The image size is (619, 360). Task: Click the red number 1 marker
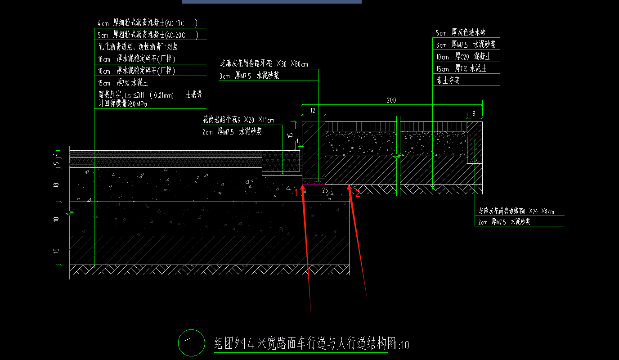tap(297, 192)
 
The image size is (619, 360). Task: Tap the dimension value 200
tap(391, 100)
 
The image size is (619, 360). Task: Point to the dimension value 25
tap(325, 190)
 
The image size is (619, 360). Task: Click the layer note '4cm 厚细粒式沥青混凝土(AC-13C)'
tap(148, 22)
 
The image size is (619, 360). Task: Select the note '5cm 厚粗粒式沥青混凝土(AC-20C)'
tap(148, 35)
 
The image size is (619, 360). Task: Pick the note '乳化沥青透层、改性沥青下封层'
tap(139, 46)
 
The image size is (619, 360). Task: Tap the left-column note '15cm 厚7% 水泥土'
tap(123, 83)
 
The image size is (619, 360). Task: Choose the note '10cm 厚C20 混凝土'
tap(463, 57)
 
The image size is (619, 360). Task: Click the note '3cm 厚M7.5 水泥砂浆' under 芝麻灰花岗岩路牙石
tap(249, 76)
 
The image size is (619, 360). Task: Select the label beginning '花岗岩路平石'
tap(238, 120)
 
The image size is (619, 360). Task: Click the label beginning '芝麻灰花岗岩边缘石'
tap(516, 211)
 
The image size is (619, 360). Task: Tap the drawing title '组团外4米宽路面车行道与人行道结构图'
tap(306, 344)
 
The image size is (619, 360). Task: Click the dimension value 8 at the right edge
tap(474, 114)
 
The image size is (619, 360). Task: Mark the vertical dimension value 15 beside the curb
tap(290, 134)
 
